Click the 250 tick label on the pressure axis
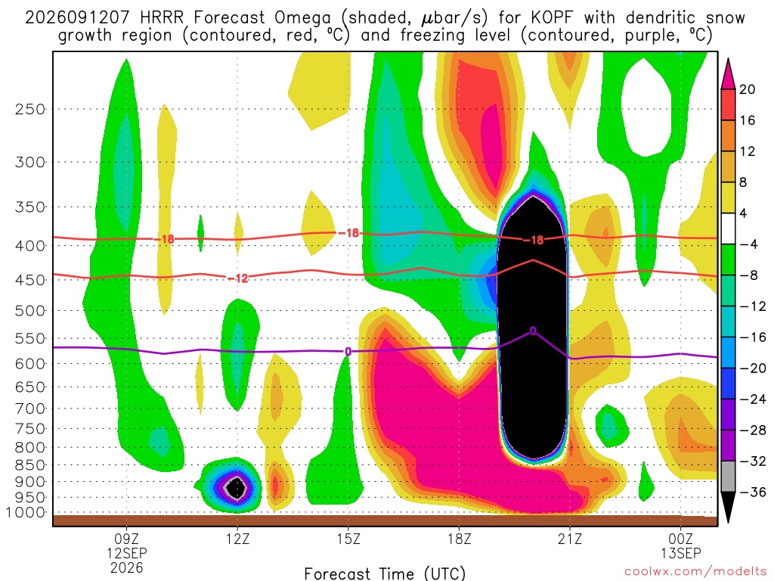coord(30,109)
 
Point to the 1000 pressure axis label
coord(26,513)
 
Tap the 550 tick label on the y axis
coord(30,338)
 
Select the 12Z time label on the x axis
coord(238,539)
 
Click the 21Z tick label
coord(570,539)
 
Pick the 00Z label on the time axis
coord(681,539)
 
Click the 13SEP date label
coord(681,553)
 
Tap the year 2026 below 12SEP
coord(127,567)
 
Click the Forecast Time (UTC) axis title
coord(385,573)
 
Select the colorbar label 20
coord(747,89)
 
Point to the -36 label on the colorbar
coord(753,492)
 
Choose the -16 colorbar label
coord(753,337)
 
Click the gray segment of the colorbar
coord(728,477)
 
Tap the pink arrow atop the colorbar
coord(728,74)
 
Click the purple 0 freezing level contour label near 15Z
coord(348,351)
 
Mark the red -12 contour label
coord(238,278)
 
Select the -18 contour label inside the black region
coord(533,240)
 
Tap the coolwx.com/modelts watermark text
coord(695,572)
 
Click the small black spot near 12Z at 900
coord(237,488)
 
